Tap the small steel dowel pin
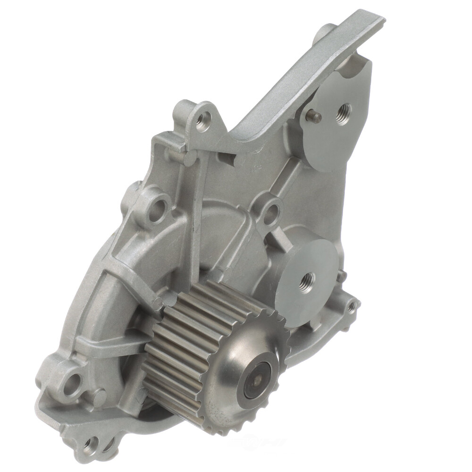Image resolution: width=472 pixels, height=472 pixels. point(315,116)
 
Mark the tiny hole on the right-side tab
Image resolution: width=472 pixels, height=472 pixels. point(351,306)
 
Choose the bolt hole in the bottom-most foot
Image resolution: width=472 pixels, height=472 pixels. point(91,444)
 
